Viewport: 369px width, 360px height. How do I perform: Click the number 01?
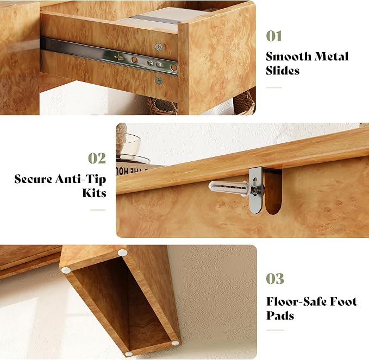tap(274, 36)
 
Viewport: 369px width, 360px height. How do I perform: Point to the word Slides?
tap(283, 71)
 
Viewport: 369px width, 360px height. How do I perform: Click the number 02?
tap(97, 159)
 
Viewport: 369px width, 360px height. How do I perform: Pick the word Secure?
tap(33, 179)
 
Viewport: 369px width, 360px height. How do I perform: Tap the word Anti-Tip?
tap(81, 179)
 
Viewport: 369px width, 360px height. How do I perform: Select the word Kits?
tap(95, 193)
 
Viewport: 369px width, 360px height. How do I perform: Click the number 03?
tap(275, 279)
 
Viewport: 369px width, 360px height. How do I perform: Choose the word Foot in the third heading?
tap(343, 301)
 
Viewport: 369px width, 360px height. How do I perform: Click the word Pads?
tap(280, 315)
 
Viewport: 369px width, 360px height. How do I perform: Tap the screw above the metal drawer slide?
tap(159, 47)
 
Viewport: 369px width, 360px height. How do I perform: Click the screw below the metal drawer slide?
tap(158, 80)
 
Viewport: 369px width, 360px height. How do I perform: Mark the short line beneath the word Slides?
tap(274, 87)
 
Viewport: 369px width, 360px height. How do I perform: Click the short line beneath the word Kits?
tap(98, 210)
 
